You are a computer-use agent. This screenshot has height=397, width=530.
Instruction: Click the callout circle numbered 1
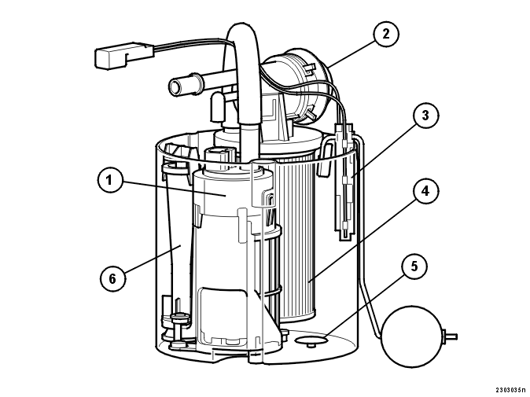click(109, 180)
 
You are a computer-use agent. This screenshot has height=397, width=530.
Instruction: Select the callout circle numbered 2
click(386, 34)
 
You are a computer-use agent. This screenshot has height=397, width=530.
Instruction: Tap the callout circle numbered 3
click(425, 116)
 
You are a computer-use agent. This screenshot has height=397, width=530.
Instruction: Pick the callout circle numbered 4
click(425, 192)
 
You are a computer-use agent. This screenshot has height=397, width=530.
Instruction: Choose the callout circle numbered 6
click(112, 279)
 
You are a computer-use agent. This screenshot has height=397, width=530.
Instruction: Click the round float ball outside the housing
click(411, 336)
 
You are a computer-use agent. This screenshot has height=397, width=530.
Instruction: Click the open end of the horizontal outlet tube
click(176, 87)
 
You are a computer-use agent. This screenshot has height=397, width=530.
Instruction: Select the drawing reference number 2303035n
click(510, 390)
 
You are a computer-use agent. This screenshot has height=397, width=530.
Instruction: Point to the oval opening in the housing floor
click(311, 339)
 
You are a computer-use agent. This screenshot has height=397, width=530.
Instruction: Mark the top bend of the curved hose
click(242, 30)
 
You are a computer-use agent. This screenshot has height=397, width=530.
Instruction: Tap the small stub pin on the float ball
click(450, 336)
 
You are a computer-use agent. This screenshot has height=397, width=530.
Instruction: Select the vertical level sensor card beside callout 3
click(344, 182)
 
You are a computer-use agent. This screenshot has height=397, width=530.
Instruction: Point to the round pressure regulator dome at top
click(297, 86)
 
